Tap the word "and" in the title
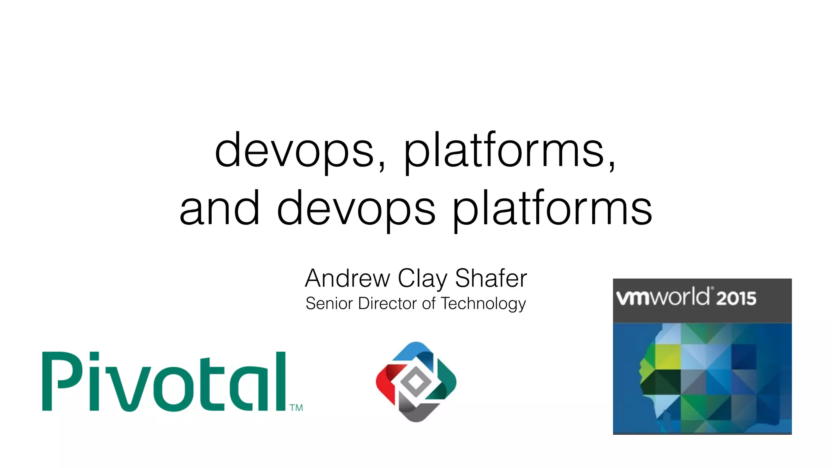click(219, 209)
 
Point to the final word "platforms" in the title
click(552, 210)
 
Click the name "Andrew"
click(347, 279)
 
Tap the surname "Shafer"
click(491, 279)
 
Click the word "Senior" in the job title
click(329, 303)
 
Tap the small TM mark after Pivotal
click(296, 407)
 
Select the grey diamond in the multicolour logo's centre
click(415, 381)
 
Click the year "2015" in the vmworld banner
click(736, 299)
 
